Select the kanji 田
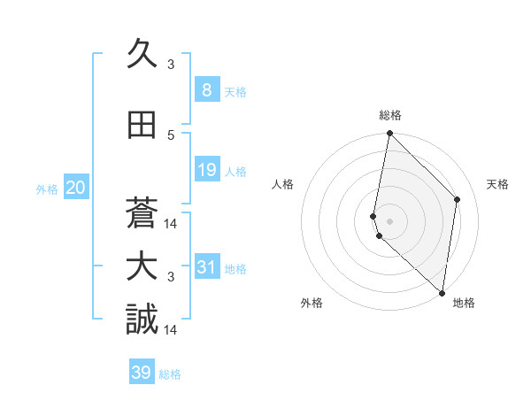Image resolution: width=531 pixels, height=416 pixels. [142, 125]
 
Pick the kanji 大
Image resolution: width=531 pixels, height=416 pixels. [142, 267]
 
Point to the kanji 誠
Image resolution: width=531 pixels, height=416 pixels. [142, 320]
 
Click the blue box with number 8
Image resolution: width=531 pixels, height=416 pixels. [206, 89]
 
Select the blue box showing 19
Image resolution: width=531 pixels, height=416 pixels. [206, 170]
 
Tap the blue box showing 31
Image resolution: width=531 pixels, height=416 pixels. [206, 267]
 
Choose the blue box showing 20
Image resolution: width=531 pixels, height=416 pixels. [76, 188]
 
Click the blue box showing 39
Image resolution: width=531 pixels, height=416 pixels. [142, 373]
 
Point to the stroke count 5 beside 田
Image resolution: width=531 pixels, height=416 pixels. [171, 135]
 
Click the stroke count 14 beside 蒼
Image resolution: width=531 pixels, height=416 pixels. [171, 223]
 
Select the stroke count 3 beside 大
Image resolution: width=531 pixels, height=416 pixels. [171, 277]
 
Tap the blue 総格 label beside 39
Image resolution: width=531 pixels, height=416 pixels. [170, 374]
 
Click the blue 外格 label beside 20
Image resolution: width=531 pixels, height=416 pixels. [47, 189]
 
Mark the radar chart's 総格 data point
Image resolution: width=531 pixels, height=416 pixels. [389, 134]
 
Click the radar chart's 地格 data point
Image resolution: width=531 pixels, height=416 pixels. [442, 293]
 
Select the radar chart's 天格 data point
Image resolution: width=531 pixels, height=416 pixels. [458, 199]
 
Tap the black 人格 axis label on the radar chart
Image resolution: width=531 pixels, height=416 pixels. [282, 184]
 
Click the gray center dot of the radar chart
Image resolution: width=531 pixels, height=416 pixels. [389, 220]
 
